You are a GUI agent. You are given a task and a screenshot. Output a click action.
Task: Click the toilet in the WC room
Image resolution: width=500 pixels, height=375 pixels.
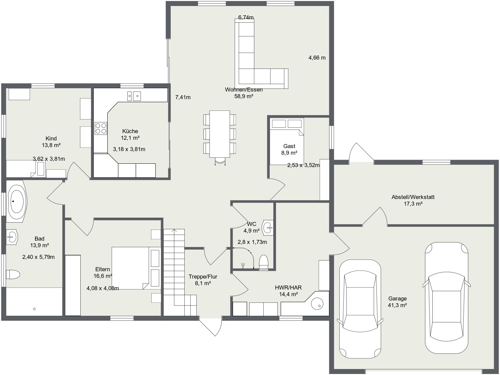click(264, 263)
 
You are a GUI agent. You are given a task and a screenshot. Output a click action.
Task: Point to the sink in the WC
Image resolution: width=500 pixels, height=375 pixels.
click(268, 227)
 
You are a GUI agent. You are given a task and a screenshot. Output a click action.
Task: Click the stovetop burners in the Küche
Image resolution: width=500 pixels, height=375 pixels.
click(101, 128)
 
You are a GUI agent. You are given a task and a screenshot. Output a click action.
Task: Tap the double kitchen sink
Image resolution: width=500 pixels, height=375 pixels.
click(134, 96)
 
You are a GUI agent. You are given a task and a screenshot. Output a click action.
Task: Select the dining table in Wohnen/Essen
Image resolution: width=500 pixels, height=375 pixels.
click(220, 134)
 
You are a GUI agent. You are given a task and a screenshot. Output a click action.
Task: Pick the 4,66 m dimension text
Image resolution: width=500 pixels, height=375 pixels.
click(317, 58)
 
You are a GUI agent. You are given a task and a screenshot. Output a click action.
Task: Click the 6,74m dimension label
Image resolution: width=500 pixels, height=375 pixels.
click(246, 17)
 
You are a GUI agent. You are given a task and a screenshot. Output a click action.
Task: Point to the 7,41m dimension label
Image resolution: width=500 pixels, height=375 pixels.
click(183, 97)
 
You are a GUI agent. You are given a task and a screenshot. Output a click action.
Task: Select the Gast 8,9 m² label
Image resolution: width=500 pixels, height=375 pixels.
click(289, 149)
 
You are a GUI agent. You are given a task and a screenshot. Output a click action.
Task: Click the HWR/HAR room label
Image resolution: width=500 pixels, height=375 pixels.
click(288, 287)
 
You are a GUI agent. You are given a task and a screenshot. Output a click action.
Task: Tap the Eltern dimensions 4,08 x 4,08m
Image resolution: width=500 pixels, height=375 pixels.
click(103, 288)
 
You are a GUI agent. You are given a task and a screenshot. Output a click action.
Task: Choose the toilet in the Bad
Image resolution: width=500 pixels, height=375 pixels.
click(13, 275)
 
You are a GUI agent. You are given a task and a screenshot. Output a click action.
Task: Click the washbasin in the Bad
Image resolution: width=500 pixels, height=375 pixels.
click(12, 237)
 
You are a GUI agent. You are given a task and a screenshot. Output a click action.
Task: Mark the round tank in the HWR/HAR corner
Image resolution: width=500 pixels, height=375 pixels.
click(317, 304)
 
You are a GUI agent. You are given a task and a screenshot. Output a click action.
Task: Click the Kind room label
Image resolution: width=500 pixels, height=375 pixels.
click(51, 138)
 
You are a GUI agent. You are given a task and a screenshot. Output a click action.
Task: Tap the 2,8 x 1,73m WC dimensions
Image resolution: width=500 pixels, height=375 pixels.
click(252, 242)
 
